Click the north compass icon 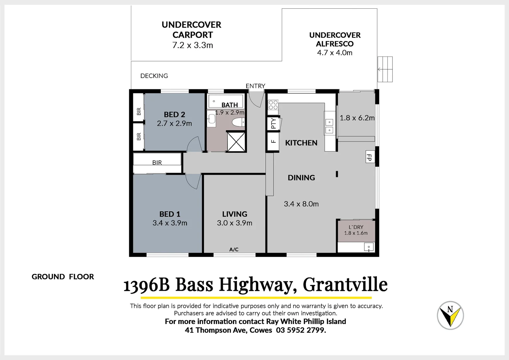450,315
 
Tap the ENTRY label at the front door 255,86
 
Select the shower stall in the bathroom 236,141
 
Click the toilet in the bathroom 238,122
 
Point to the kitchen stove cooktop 273,105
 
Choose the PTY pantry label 273,123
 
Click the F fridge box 273,141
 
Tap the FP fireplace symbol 369,157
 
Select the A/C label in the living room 234,249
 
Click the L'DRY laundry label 356,227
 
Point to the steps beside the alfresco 385,69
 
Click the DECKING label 154,76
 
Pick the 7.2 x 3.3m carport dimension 193,45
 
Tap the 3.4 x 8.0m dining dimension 301,204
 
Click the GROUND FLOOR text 63,277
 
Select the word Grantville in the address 345,285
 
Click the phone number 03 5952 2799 301,330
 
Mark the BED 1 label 170,214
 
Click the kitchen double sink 329,126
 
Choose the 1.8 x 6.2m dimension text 357,118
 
